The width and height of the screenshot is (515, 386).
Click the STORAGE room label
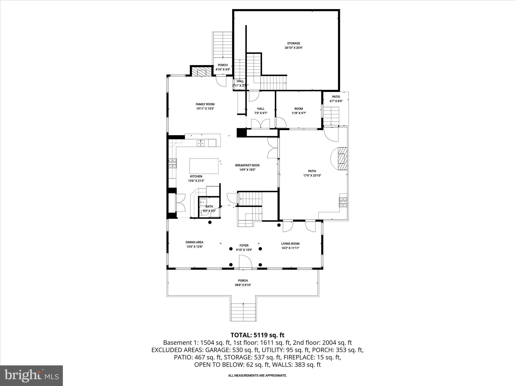[x=293, y=43]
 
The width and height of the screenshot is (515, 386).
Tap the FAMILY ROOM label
[x=205, y=104]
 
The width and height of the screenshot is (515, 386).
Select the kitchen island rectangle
[x=204, y=166]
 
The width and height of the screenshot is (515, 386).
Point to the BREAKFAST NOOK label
[x=247, y=165]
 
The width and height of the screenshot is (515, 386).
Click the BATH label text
[x=209, y=207]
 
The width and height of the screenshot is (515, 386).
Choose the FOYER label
[x=244, y=246]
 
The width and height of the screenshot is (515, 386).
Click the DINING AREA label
[x=194, y=242]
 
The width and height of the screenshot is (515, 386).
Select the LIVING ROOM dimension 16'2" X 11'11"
[x=290, y=248]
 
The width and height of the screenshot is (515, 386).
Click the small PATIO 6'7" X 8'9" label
[x=336, y=97]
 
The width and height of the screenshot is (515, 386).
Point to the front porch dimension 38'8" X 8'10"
[x=243, y=285]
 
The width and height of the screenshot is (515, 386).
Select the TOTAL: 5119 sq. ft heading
[x=257, y=335]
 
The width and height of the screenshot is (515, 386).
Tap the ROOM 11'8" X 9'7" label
[x=298, y=109]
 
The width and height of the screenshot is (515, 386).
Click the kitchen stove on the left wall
[x=173, y=163]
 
